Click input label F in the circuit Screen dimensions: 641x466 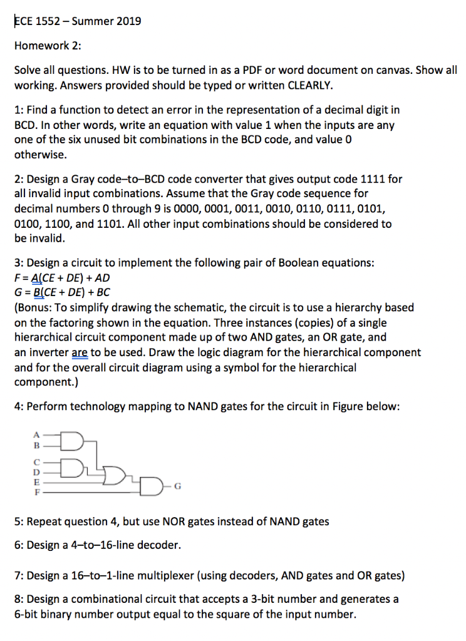pos(36,493)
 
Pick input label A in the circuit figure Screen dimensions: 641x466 pos(36,436)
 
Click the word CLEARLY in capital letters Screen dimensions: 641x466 pos(308,85)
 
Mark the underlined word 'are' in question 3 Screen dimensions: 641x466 pos(80,352)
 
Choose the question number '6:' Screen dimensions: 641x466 pos(19,545)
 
